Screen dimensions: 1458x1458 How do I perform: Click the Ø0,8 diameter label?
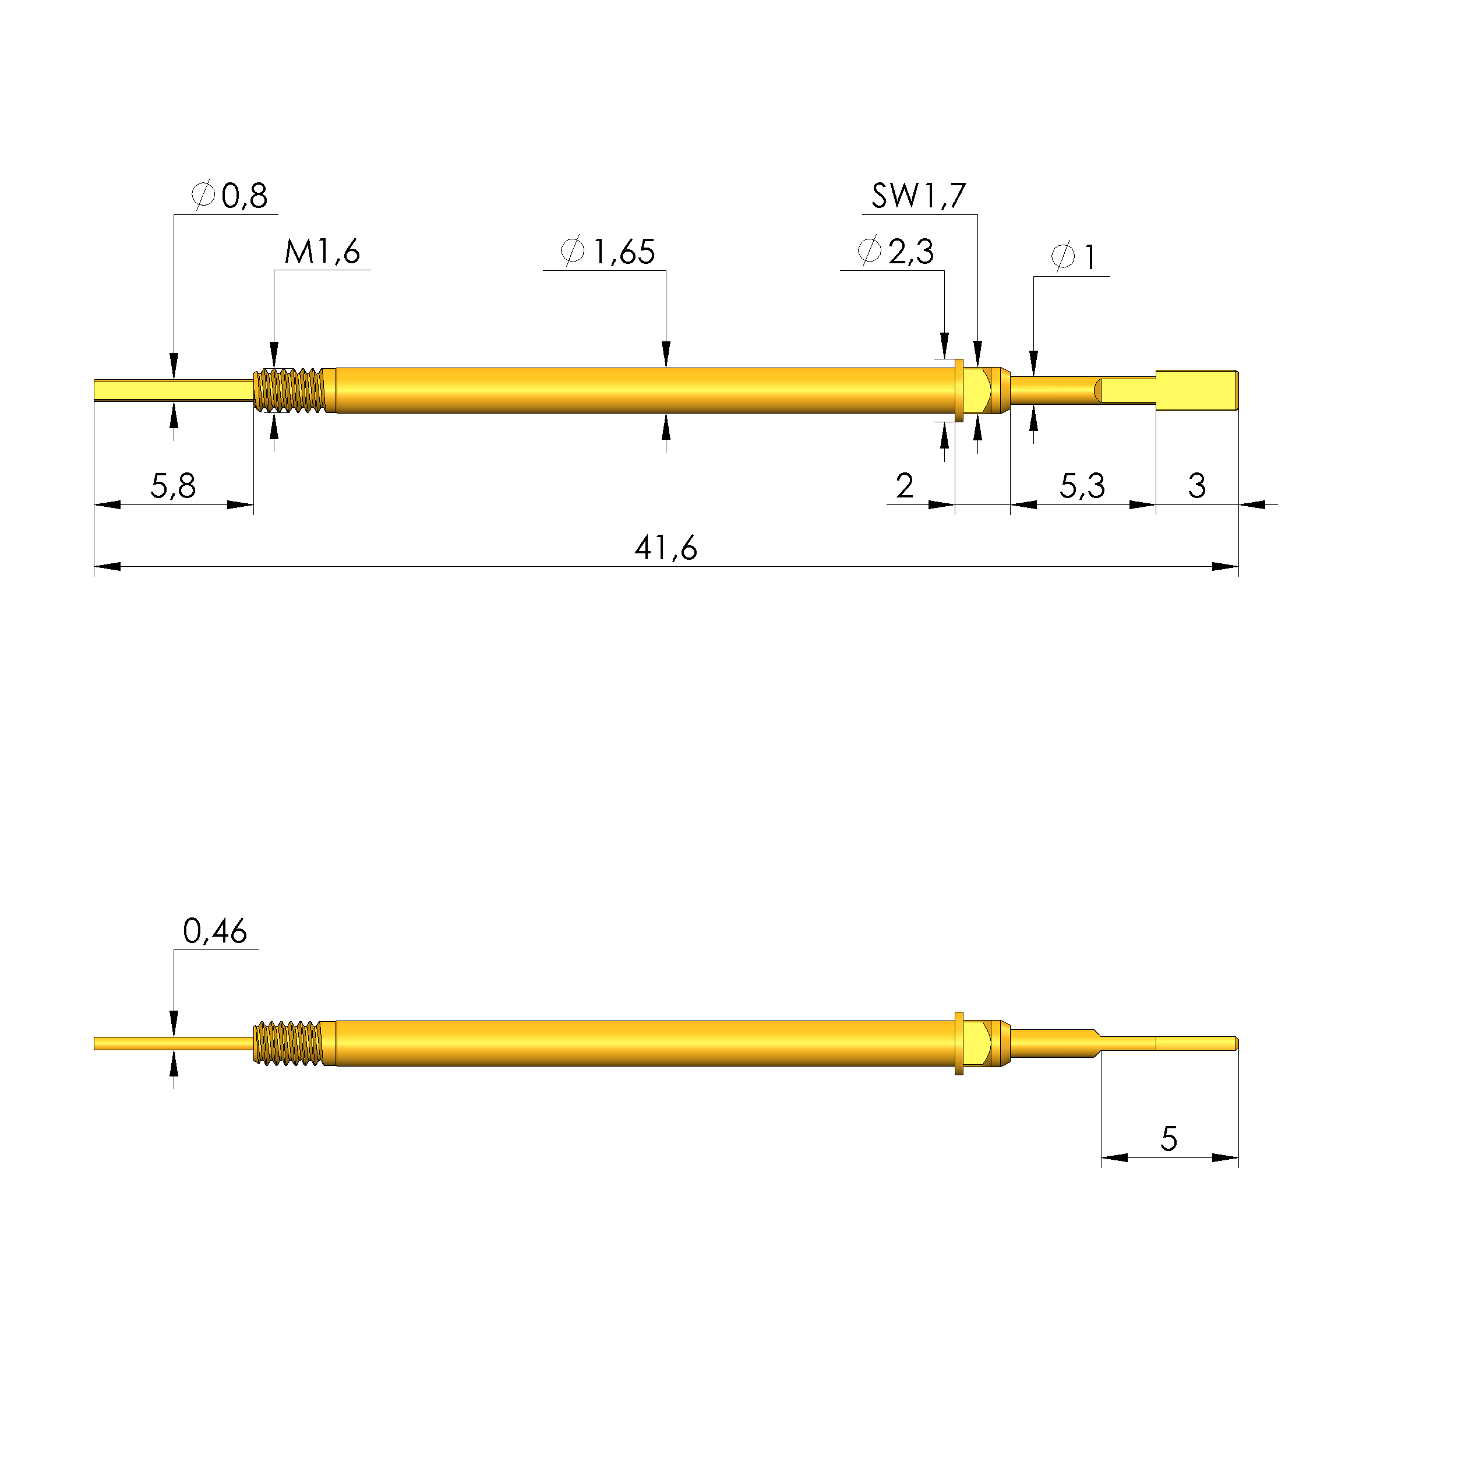230,196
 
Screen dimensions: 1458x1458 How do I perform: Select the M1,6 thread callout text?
322,252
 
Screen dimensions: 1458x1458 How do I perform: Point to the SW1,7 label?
919,197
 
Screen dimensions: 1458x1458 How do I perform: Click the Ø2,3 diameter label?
896,251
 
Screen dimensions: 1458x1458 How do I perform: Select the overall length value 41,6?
666,549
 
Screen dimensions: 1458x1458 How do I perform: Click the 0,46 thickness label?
215,933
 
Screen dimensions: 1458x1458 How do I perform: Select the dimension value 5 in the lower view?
1168,1139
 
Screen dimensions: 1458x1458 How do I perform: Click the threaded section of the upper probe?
291,390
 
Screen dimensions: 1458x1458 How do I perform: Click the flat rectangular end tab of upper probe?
1197,390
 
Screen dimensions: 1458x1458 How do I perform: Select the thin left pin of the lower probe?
173,1044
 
